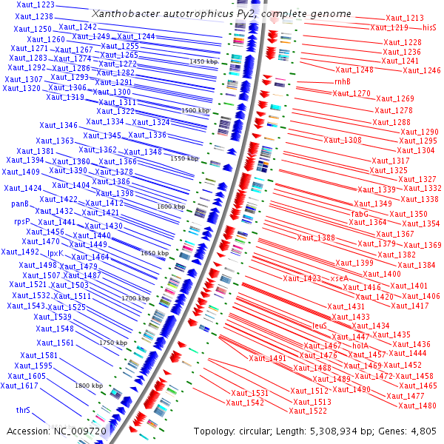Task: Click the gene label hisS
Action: pos(429,27)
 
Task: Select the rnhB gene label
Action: pos(343,81)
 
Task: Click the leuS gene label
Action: pos(320,325)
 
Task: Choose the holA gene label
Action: pos(360,346)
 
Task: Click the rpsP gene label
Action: pos(23,221)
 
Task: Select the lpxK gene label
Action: pos(55,254)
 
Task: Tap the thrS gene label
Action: pos(23,409)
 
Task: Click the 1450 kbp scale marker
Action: pos(203,61)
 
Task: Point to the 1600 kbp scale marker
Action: pos(170,208)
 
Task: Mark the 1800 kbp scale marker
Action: pos(88,386)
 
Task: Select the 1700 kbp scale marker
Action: pos(135,298)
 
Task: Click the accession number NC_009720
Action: pos(81,431)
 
